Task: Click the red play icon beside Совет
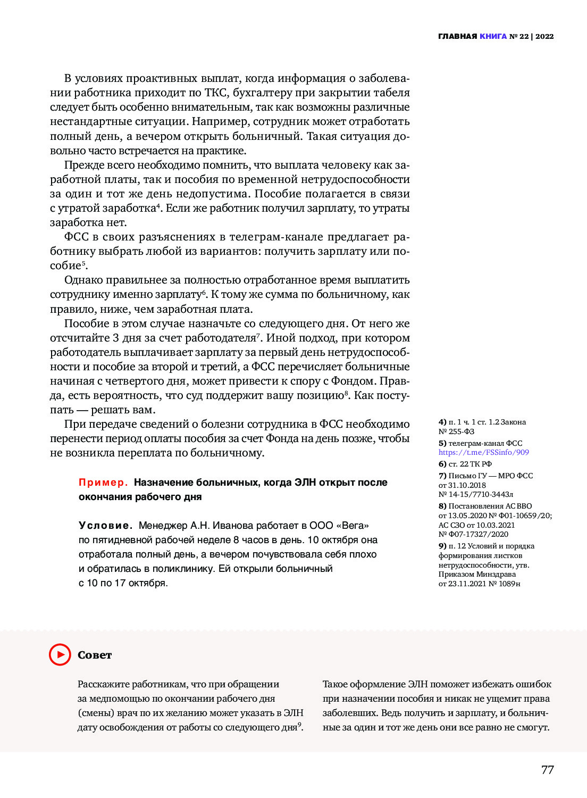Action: [x=60, y=654]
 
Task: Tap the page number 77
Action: [x=547, y=770]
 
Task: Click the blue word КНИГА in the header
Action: [x=493, y=36]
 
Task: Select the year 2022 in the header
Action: [x=544, y=36]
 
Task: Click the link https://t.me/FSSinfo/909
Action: [x=483, y=452]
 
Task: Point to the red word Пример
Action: [x=103, y=483]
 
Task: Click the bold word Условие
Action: [x=105, y=526]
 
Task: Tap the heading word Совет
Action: [x=95, y=655]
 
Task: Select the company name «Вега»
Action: [x=353, y=526]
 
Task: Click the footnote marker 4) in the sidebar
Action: [x=442, y=422]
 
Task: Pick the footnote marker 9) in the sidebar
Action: [x=442, y=546]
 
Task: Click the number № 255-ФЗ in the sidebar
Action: [x=456, y=431]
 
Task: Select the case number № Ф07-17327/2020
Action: [x=473, y=534]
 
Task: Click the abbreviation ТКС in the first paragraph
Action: [x=216, y=93]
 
